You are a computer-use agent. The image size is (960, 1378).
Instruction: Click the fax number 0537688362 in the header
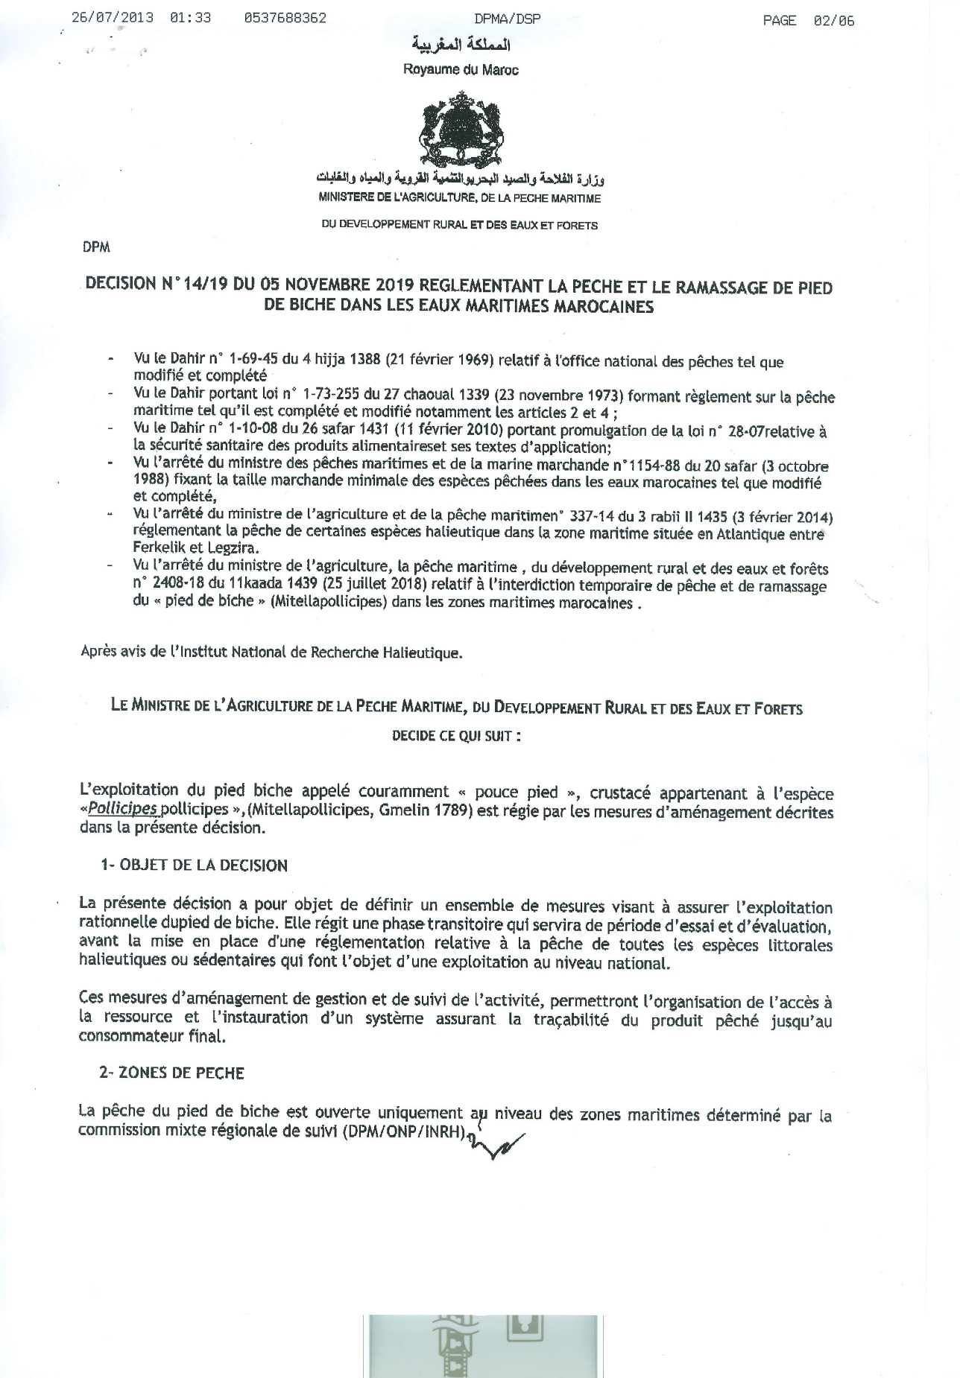285,19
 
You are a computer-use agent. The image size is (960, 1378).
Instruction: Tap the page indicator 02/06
834,21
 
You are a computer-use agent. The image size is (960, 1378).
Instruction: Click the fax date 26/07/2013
113,19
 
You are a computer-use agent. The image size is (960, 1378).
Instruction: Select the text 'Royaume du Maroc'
461,70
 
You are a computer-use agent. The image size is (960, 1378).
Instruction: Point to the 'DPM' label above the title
97,248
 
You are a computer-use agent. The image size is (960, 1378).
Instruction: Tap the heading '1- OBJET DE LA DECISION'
194,866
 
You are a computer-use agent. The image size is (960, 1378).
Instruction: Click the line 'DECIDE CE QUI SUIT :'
456,736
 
